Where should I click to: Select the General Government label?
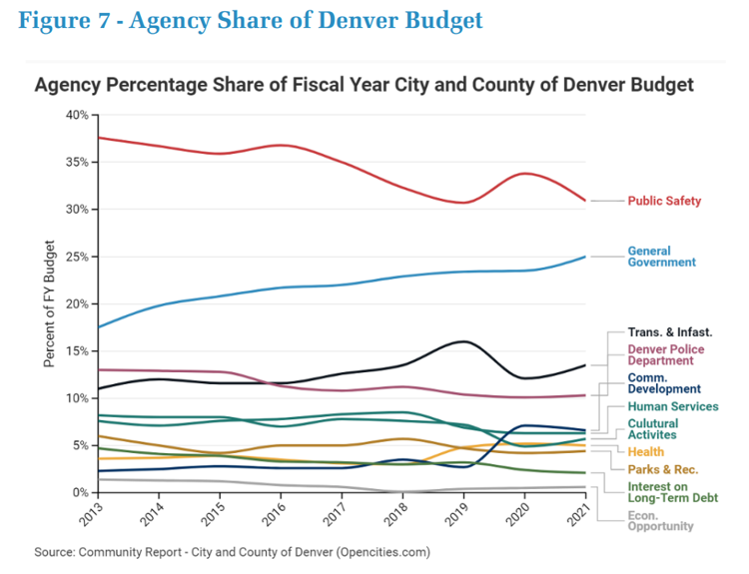(x=661, y=257)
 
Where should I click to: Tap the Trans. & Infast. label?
(x=670, y=331)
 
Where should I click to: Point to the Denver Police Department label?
(x=666, y=355)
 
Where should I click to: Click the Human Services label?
(x=672, y=407)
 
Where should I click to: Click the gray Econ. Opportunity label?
(x=659, y=522)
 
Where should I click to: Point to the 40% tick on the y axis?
(x=76, y=115)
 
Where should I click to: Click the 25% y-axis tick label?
(x=76, y=257)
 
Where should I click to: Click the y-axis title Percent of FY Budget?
(x=49, y=304)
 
